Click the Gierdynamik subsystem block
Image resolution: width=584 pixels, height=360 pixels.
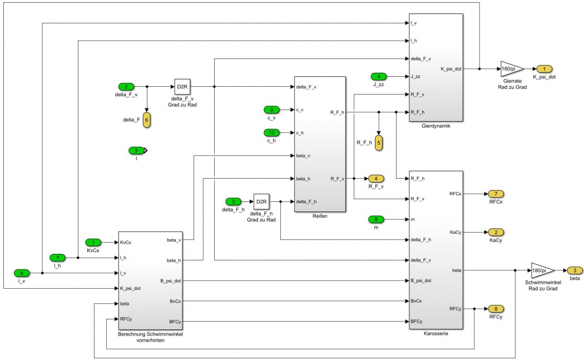[435, 67]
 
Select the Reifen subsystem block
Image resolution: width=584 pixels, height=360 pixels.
[320, 144]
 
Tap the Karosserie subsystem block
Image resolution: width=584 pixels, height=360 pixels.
[435, 250]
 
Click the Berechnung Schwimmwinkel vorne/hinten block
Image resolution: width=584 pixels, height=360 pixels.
[150, 281]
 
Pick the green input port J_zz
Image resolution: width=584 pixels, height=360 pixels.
[378, 76]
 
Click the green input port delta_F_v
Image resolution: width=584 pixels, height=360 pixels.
[126, 87]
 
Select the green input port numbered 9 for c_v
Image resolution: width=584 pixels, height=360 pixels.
[272, 110]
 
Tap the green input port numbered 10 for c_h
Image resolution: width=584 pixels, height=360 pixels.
[272, 132]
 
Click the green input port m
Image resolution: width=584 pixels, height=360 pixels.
[376, 219]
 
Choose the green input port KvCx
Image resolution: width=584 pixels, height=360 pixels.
[93, 242]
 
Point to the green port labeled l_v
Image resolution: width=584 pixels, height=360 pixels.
[22, 273]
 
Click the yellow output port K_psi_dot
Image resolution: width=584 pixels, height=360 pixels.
[544, 69]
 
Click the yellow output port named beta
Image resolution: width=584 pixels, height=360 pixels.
[575, 270]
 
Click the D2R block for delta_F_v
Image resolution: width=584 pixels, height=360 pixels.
[182, 87]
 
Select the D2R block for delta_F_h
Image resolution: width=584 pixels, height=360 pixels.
[261, 201]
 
